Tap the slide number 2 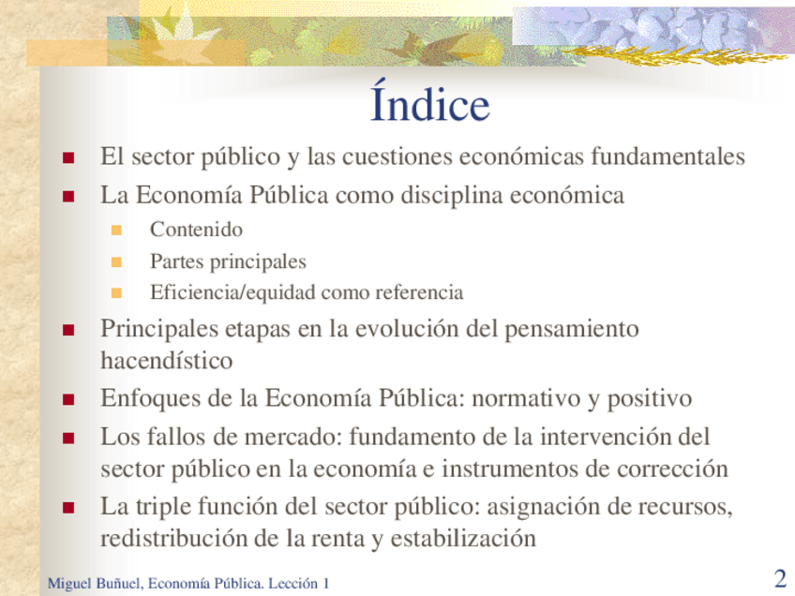tap(780, 578)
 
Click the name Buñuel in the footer tap(119, 583)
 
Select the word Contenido tap(196, 230)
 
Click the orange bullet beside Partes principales tap(116, 262)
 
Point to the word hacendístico tap(167, 361)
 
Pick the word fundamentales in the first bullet tap(667, 156)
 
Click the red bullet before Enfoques tap(68, 400)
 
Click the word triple tap(163, 507)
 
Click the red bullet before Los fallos tap(68, 438)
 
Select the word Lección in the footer tap(292, 583)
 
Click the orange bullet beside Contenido tap(116, 231)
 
